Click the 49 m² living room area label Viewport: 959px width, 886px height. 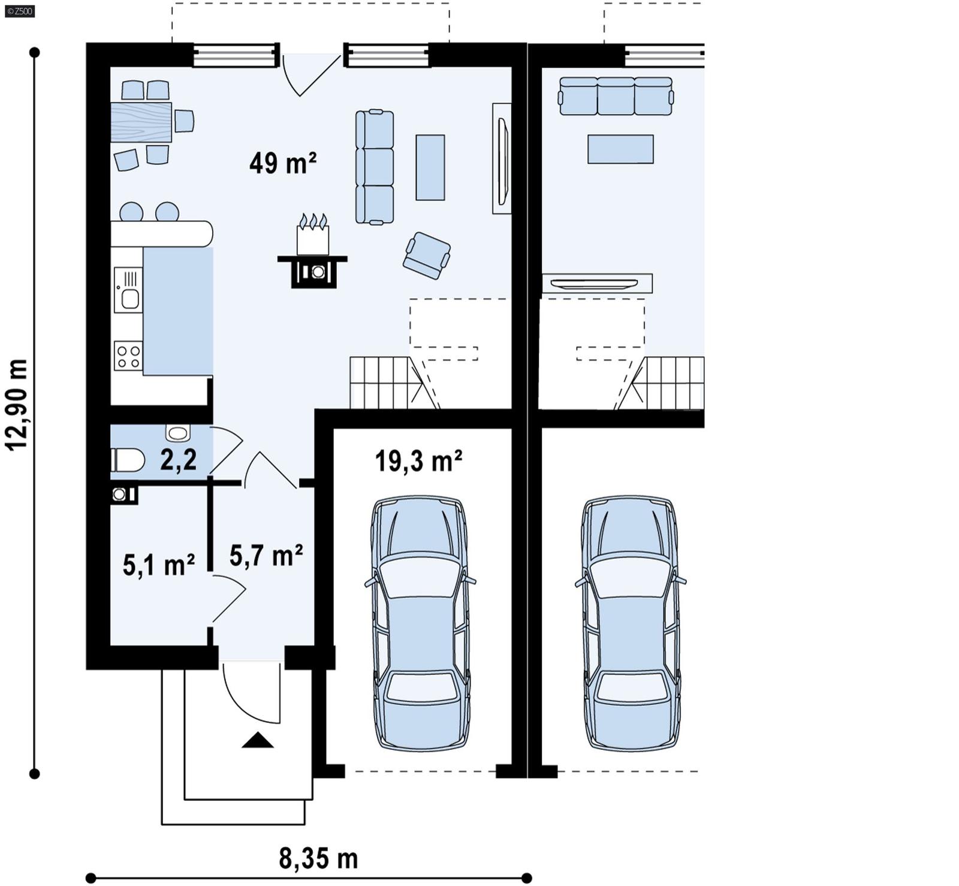282,163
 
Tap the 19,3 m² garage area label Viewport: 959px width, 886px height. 418,462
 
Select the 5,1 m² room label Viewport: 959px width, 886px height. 158,565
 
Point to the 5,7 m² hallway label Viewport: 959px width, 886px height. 266,556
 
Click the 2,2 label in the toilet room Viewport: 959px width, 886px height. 178,460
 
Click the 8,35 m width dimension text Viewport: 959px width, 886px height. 318,858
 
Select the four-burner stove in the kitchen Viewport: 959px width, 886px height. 128,356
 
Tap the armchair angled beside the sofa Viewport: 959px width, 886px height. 427,255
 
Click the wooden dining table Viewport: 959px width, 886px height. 141,122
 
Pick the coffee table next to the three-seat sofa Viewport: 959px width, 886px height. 430,167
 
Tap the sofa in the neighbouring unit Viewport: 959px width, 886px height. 616,96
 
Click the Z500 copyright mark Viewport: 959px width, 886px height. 19,11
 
